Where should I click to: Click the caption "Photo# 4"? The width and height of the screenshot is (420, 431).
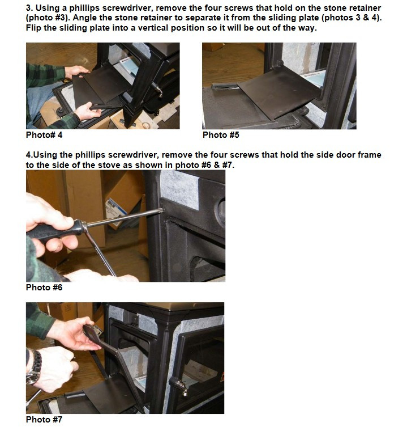pyautogui.click(x=44, y=135)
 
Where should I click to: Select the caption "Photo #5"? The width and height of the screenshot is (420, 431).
pyautogui.click(x=221, y=135)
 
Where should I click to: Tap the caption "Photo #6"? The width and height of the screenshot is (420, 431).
pyautogui.click(x=44, y=288)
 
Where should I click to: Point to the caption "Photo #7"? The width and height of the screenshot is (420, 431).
pyautogui.click(x=44, y=420)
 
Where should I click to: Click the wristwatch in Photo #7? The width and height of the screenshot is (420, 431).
pyautogui.click(x=35, y=367)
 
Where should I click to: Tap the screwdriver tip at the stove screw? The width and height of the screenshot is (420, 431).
pyautogui.click(x=162, y=210)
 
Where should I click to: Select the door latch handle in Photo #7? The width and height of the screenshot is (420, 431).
pyautogui.click(x=179, y=386)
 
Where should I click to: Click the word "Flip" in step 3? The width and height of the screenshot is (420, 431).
pyautogui.click(x=33, y=28)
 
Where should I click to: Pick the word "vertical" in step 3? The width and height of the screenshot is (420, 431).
pyautogui.click(x=187, y=28)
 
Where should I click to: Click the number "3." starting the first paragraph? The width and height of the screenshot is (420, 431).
pyautogui.click(x=29, y=8)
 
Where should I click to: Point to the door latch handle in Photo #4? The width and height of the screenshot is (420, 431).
pyautogui.click(x=157, y=90)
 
